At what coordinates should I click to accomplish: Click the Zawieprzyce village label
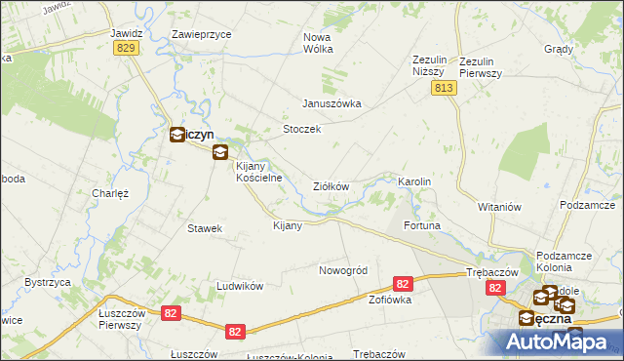click(201, 33)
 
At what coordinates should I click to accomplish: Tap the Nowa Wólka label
click(318, 43)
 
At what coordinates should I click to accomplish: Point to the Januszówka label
click(331, 103)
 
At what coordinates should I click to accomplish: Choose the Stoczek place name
click(301, 129)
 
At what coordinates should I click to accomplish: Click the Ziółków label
click(331, 186)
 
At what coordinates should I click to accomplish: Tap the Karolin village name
click(414, 182)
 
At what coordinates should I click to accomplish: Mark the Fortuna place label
click(422, 226)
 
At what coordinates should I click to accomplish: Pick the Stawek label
click(206, 228)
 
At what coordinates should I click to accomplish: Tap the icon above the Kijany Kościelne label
click(220, 151)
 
